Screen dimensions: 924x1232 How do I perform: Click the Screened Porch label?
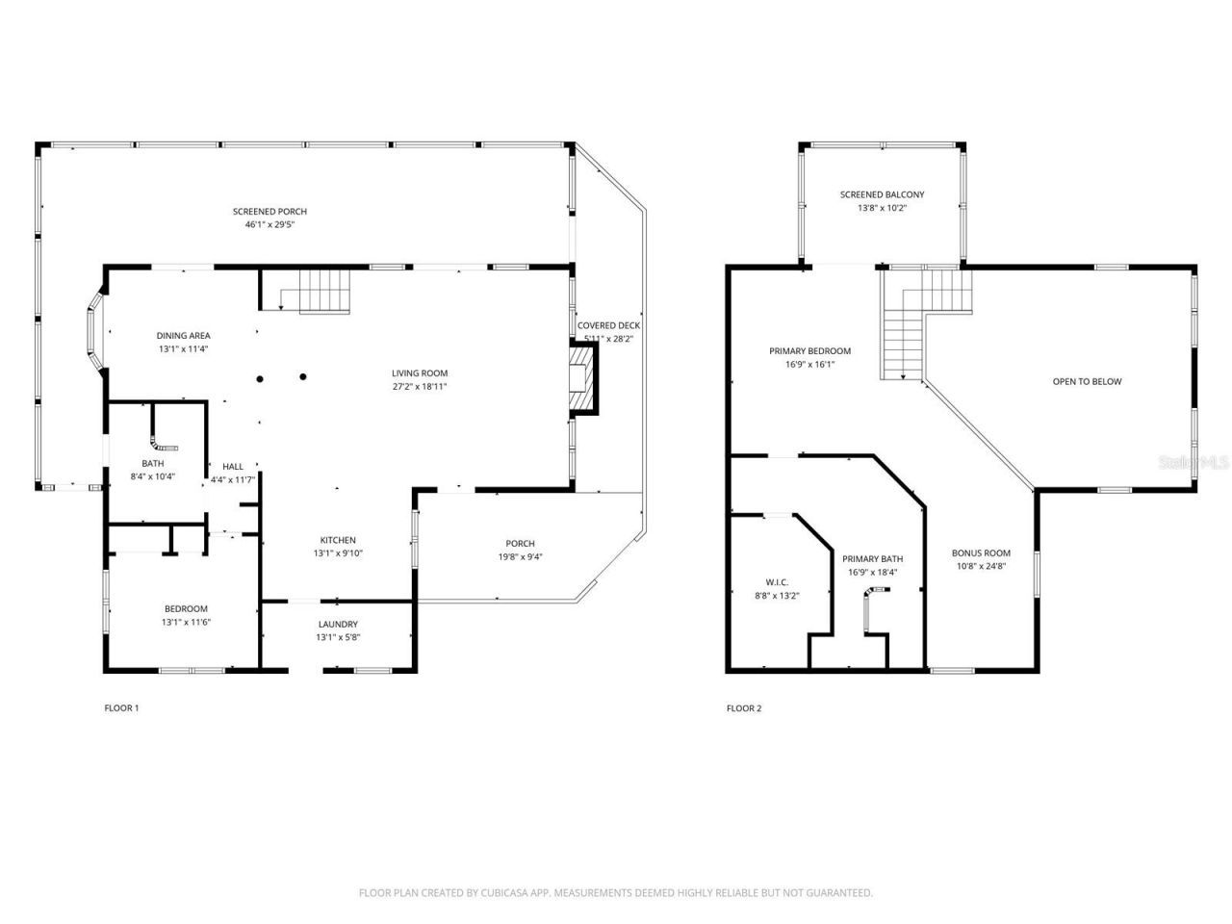[x=269, y=212]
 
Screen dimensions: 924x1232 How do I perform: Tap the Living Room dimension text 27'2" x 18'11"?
[x=420, y=387]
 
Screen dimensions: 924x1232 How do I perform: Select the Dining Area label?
[x=184, y=336]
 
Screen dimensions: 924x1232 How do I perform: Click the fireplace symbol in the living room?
[x=582, y=380]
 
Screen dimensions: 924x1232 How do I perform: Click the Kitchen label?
[x=338, y=540]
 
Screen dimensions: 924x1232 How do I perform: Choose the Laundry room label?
[x=338, y=624]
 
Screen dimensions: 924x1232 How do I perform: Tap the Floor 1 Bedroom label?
[x=186, y=608]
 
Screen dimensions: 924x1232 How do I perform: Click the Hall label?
[x=233, y=466]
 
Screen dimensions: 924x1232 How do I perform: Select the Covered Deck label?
[x=608, y=325]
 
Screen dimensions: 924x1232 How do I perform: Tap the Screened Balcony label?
[x=882, y=194]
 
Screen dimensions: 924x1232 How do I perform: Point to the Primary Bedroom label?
[x=809, y=351]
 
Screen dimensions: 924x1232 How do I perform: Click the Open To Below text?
[x=1087, y=382]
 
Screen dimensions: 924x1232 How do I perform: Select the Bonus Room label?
[x=981, y=552]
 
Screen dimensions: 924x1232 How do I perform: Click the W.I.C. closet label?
[x=776, y=582]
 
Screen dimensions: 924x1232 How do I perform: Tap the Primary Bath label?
[x=872, y=559]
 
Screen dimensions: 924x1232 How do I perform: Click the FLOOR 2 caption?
[x=743, y=708]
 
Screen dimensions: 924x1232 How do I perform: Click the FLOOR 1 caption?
[x=121, y=708]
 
